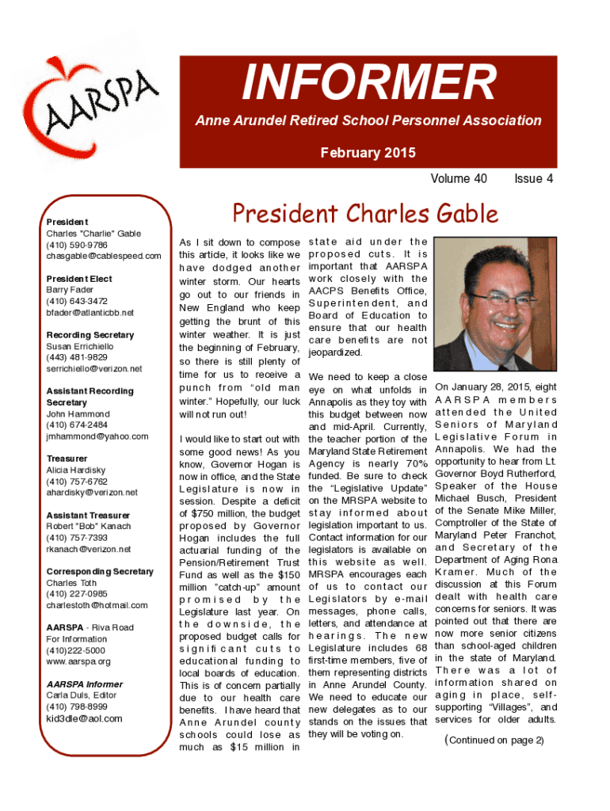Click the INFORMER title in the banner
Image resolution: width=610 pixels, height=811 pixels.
(368, 83)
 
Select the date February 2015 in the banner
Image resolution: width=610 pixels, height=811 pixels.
(368, 152)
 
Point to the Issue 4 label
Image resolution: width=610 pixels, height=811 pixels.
(533, 179)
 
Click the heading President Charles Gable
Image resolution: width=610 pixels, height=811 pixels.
(364, 214)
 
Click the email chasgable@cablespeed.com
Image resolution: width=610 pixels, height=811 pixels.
(103, 256)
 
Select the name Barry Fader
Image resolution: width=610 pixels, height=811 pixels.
(70, 290)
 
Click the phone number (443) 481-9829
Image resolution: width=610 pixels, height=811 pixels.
(77, 357)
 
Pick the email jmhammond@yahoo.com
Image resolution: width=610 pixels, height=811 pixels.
(97, 436)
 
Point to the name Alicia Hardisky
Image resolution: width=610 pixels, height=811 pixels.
(74, 470)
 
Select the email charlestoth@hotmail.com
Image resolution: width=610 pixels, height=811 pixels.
(97, 605)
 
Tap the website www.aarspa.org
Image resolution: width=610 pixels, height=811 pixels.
(78, 661)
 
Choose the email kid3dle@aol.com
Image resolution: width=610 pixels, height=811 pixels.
(84, 718)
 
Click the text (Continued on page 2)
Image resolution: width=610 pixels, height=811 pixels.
(494, 740)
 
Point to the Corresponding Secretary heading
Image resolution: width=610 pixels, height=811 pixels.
(99, 571)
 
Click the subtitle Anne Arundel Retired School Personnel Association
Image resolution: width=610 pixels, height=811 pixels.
(368, 121)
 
